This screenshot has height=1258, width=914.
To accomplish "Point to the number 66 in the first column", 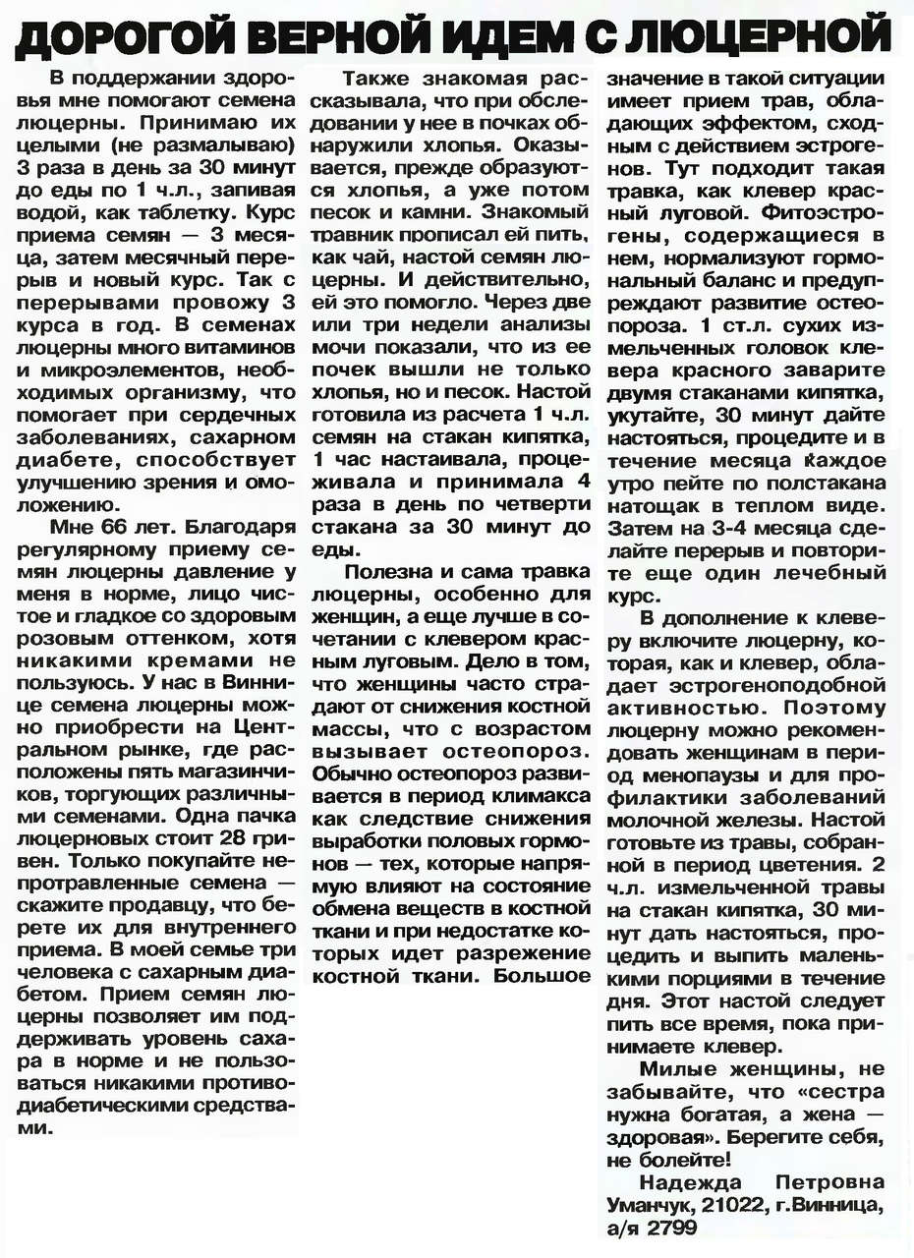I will (x=118, y=526).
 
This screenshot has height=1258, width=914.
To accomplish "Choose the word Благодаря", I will (x=237, y=526).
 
